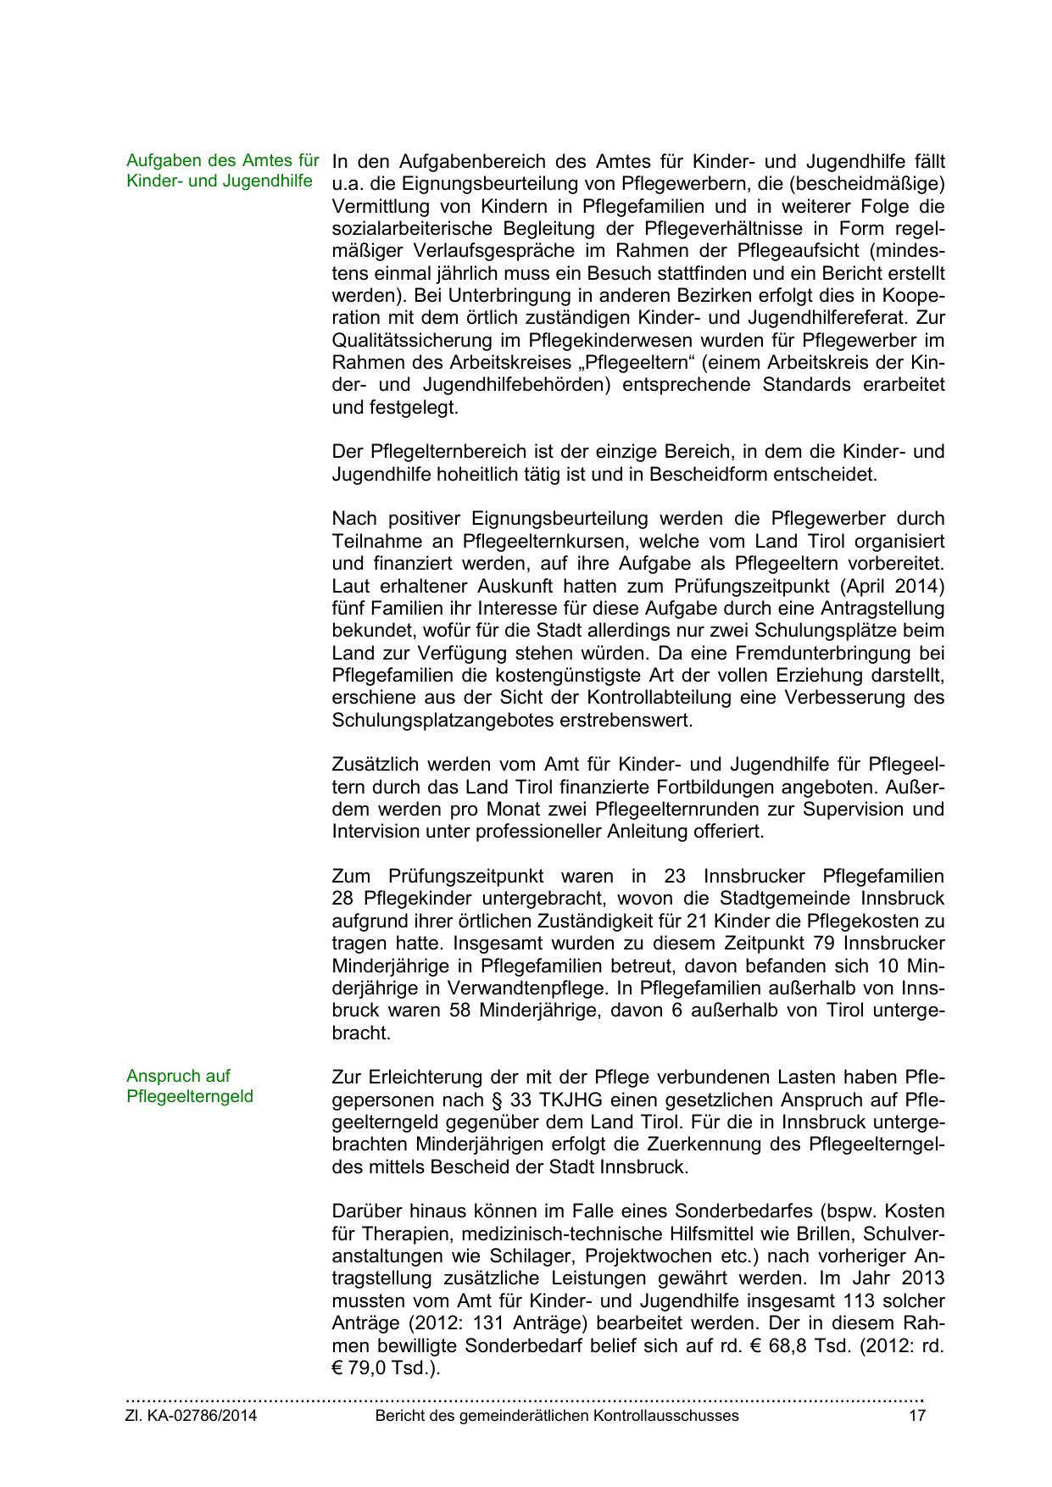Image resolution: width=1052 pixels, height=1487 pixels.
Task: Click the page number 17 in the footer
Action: click(917, 1416)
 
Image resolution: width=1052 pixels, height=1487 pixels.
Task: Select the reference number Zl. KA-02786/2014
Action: click(191, 1416)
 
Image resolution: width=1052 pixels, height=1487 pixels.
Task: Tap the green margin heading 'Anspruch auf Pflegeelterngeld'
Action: click(190, 1086)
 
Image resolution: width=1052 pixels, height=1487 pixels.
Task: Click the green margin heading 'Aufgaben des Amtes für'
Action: click(222, 160)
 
